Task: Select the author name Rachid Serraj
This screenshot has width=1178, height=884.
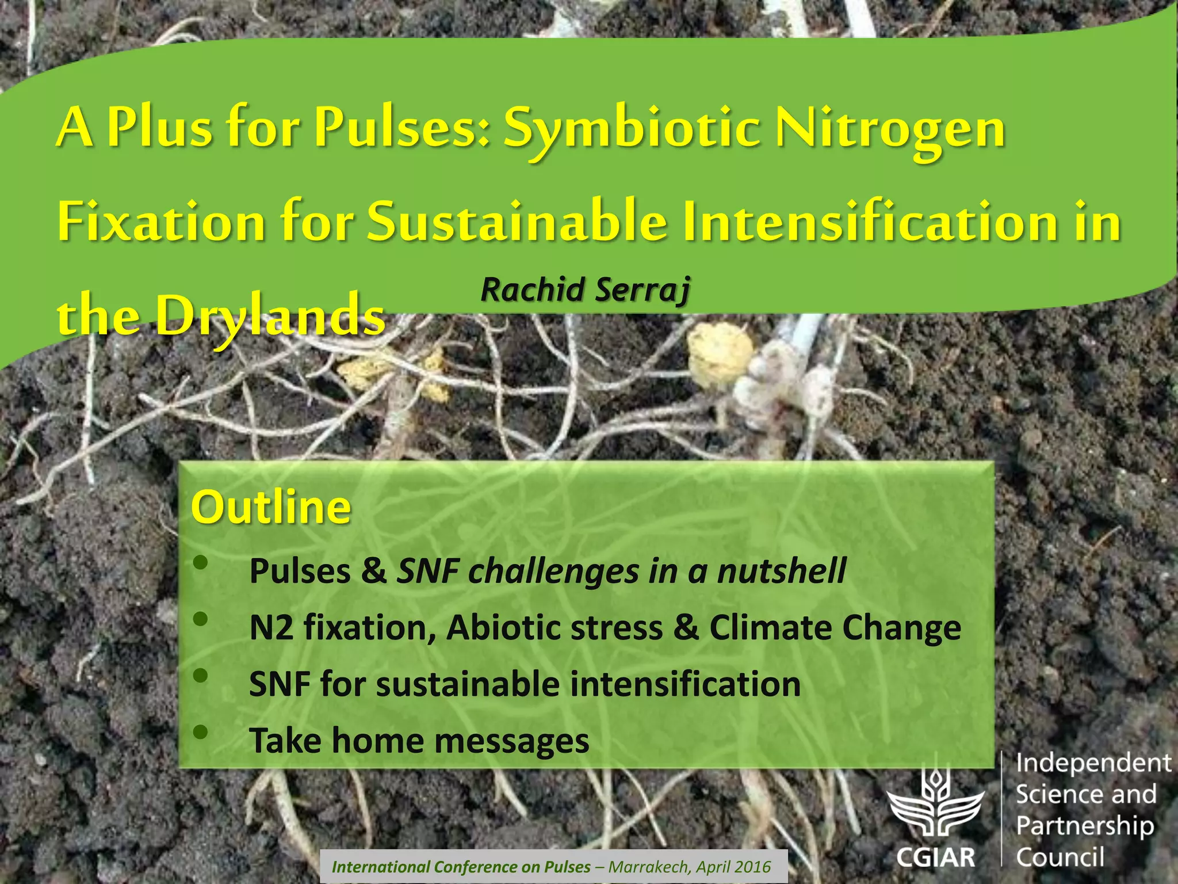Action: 585,290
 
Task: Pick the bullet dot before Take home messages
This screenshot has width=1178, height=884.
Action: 200,732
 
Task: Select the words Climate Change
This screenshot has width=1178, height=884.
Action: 835,627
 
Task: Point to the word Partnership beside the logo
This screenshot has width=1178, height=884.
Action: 1085,826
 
